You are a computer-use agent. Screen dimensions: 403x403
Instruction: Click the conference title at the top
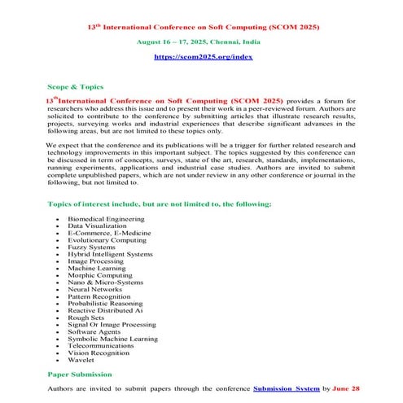(x=203, y=27)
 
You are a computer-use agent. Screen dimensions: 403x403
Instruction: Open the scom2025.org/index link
(x=203, y=58)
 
